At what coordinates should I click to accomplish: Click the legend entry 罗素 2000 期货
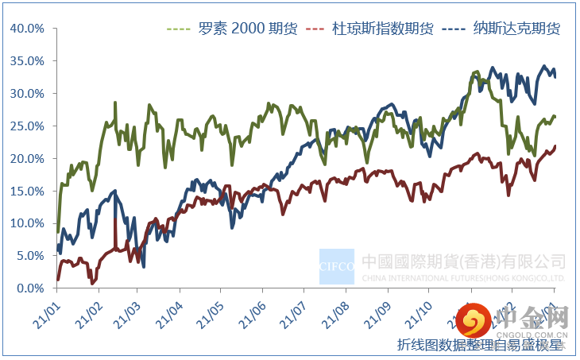pos(247,29)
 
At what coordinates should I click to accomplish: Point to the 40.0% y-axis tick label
pos(27,29)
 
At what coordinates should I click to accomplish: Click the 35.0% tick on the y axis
pos(27,61)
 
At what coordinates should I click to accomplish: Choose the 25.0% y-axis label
pos(27,126)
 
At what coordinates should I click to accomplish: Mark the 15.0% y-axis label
pos(27,191)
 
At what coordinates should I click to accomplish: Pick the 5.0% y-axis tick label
pos(29,256)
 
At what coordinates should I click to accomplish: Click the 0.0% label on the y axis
pos(29,288)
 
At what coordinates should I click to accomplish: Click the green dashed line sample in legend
pos(179,29)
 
